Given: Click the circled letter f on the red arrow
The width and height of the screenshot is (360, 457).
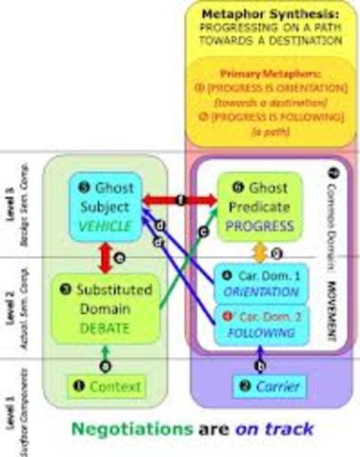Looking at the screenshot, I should click(182, 200).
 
